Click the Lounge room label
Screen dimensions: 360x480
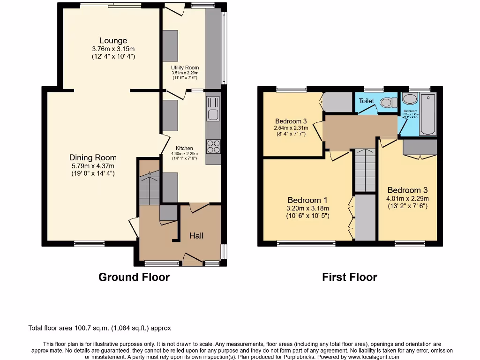(112, 41)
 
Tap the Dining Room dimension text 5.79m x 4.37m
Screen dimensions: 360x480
(92, 165)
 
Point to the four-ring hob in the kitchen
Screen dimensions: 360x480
(213, 147)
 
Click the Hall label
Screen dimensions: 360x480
(196, 236)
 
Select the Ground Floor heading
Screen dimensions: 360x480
(134, 277)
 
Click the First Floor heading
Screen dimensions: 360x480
(349, 277)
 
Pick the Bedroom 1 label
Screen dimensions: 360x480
(304, 200)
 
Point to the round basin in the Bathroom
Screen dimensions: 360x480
(410, 99)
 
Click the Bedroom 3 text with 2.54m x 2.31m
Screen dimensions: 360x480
(291, 127)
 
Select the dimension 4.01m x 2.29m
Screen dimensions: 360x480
(407, 198)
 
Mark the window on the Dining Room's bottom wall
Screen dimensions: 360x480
(89, 243)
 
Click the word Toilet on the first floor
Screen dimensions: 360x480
(367, 101)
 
